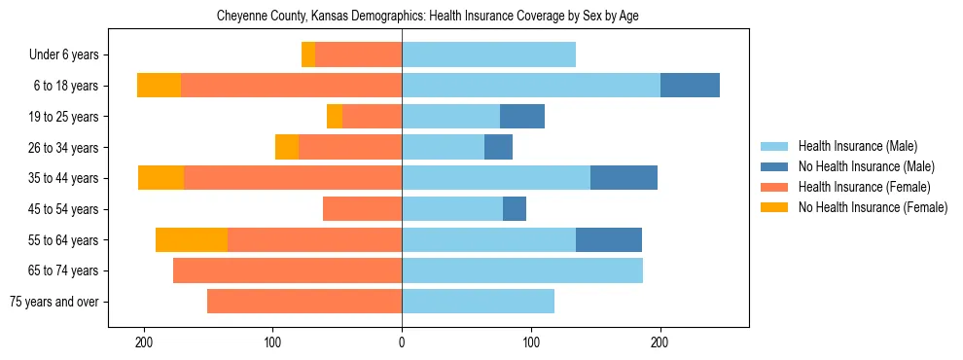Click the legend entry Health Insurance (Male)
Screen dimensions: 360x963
857,146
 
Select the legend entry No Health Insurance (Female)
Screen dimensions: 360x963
873,207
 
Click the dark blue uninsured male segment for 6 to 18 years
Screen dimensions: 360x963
690,86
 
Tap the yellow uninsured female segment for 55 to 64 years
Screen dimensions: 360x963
192,239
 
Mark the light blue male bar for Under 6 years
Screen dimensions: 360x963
488,54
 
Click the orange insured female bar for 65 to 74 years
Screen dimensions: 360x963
287,270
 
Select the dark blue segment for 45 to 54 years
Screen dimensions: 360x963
515,209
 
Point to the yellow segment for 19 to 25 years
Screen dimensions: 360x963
335,116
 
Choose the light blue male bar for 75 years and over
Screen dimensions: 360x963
478,302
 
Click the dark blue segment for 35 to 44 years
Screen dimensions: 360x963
624,178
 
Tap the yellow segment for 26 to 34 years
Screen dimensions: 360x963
287,147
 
